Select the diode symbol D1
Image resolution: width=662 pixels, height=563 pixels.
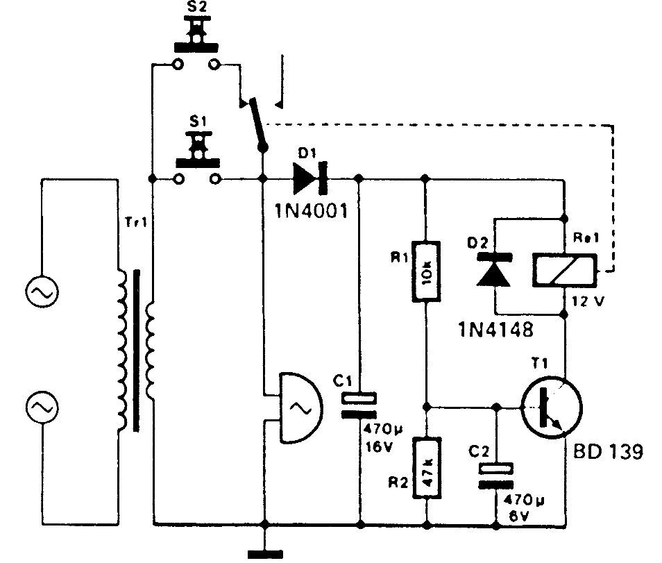(307, 178)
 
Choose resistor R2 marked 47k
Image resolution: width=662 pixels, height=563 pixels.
(426, 468)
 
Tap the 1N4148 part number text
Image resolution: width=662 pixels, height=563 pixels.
(495, 328)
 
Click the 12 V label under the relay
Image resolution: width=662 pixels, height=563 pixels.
(589, 304)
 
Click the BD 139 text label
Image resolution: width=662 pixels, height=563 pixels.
(608, 453)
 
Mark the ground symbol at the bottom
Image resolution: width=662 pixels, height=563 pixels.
(265, 553)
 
